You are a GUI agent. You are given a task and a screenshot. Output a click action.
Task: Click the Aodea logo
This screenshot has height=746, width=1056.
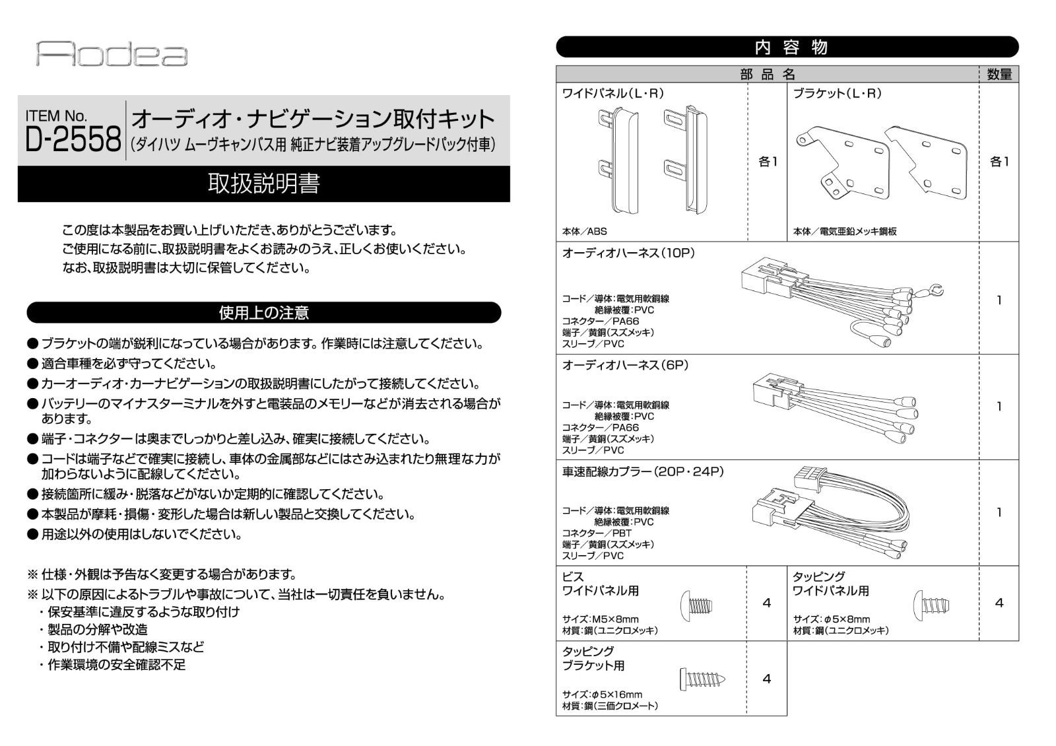[x=112, y=53]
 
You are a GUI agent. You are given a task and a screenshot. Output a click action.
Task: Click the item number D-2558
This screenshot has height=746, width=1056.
[x=73, y=139]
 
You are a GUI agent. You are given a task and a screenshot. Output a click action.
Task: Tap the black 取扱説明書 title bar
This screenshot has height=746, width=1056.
[x=263, y=184]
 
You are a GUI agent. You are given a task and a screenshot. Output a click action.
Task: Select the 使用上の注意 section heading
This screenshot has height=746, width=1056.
[x=263, y=313]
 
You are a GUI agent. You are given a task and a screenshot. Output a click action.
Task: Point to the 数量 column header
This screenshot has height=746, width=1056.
[x=999, y=75]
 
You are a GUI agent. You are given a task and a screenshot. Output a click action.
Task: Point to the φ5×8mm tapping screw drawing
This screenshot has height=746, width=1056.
[x=931, y=603]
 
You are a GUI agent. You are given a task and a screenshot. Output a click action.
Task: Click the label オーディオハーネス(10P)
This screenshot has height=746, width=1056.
[x=628, y=254]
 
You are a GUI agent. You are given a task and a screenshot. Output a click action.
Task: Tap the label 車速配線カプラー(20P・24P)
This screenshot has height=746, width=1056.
[x=643, y=472]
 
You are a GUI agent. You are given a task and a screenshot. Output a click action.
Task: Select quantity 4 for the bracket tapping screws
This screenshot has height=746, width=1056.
[x=766, y=679]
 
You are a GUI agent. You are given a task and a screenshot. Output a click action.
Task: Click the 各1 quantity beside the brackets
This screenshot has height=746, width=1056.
[x=999, y=162]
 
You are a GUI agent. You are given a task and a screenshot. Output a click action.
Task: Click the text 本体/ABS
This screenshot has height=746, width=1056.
[x=584, y=232]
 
